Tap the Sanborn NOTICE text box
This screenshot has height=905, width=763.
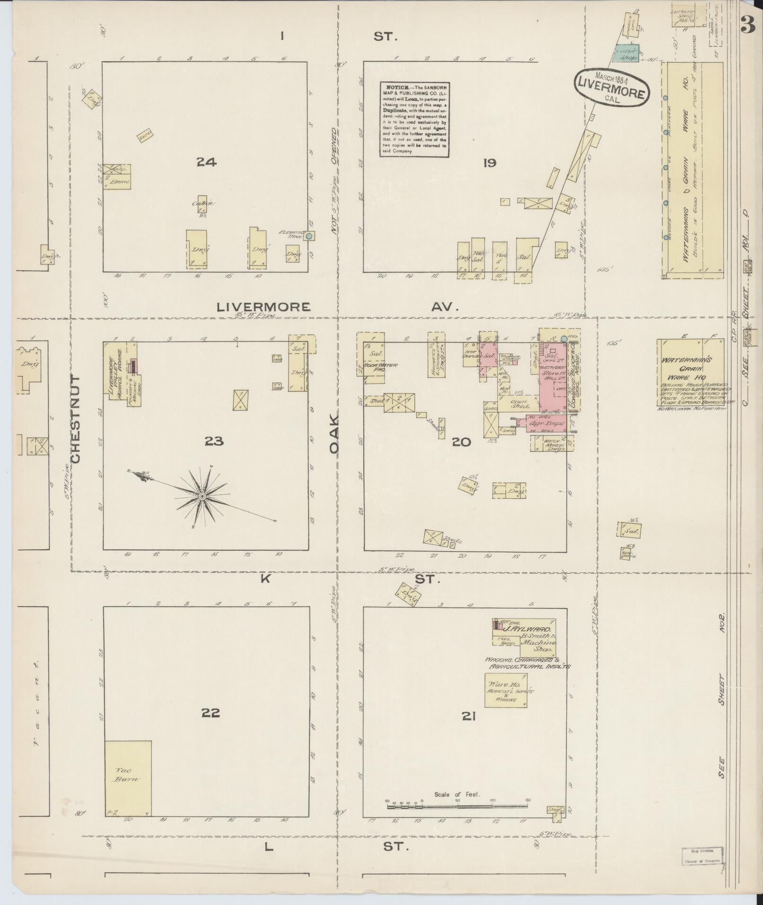pyautogui.click(x=414, y=119)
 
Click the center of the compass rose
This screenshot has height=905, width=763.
pyautogui.click(x=202, y=496)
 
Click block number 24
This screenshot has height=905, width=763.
pyautogui.click(x=207, y=162)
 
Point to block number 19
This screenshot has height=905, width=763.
pyautogui.click(x=489, y=163)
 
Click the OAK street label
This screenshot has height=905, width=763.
pyautogui.click(x=334, y=434)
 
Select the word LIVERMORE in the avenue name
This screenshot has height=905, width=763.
pyautogui.click(x=263, y=307)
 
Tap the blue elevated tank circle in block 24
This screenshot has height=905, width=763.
pyautogui.click(x=309, y=235)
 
